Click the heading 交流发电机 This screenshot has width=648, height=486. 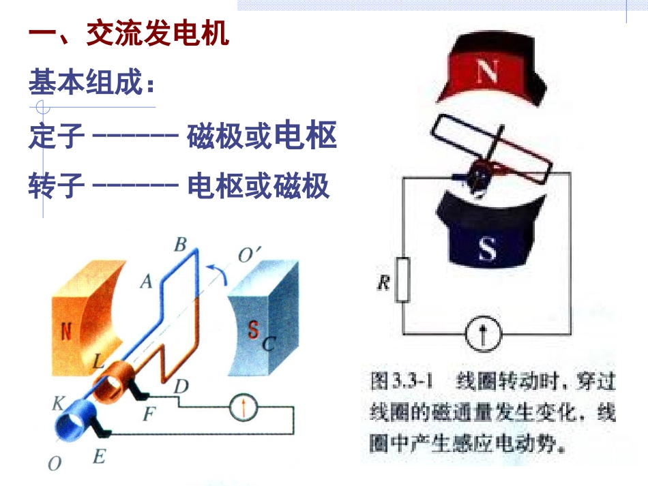tap(158, 33)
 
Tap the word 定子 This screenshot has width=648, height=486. tap(57, 136)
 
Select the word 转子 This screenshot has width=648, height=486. tap(57, 185)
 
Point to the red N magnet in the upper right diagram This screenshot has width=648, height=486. tap(492, 69)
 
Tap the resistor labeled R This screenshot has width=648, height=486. tap(402, 280)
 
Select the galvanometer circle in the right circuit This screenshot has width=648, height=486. tap(483, 333)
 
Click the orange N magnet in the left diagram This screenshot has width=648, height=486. tap(87, 318)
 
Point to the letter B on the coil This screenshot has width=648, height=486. tap(180, 245)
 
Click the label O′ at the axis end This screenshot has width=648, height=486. tap(249, 255)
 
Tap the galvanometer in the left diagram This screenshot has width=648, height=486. tap(244, 407)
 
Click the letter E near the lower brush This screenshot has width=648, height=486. tap(99, 457)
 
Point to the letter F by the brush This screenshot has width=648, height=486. tap(149, 413)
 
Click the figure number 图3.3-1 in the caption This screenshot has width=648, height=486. tap(401, 381)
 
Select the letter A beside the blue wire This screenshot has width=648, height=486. tap(146, 282)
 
